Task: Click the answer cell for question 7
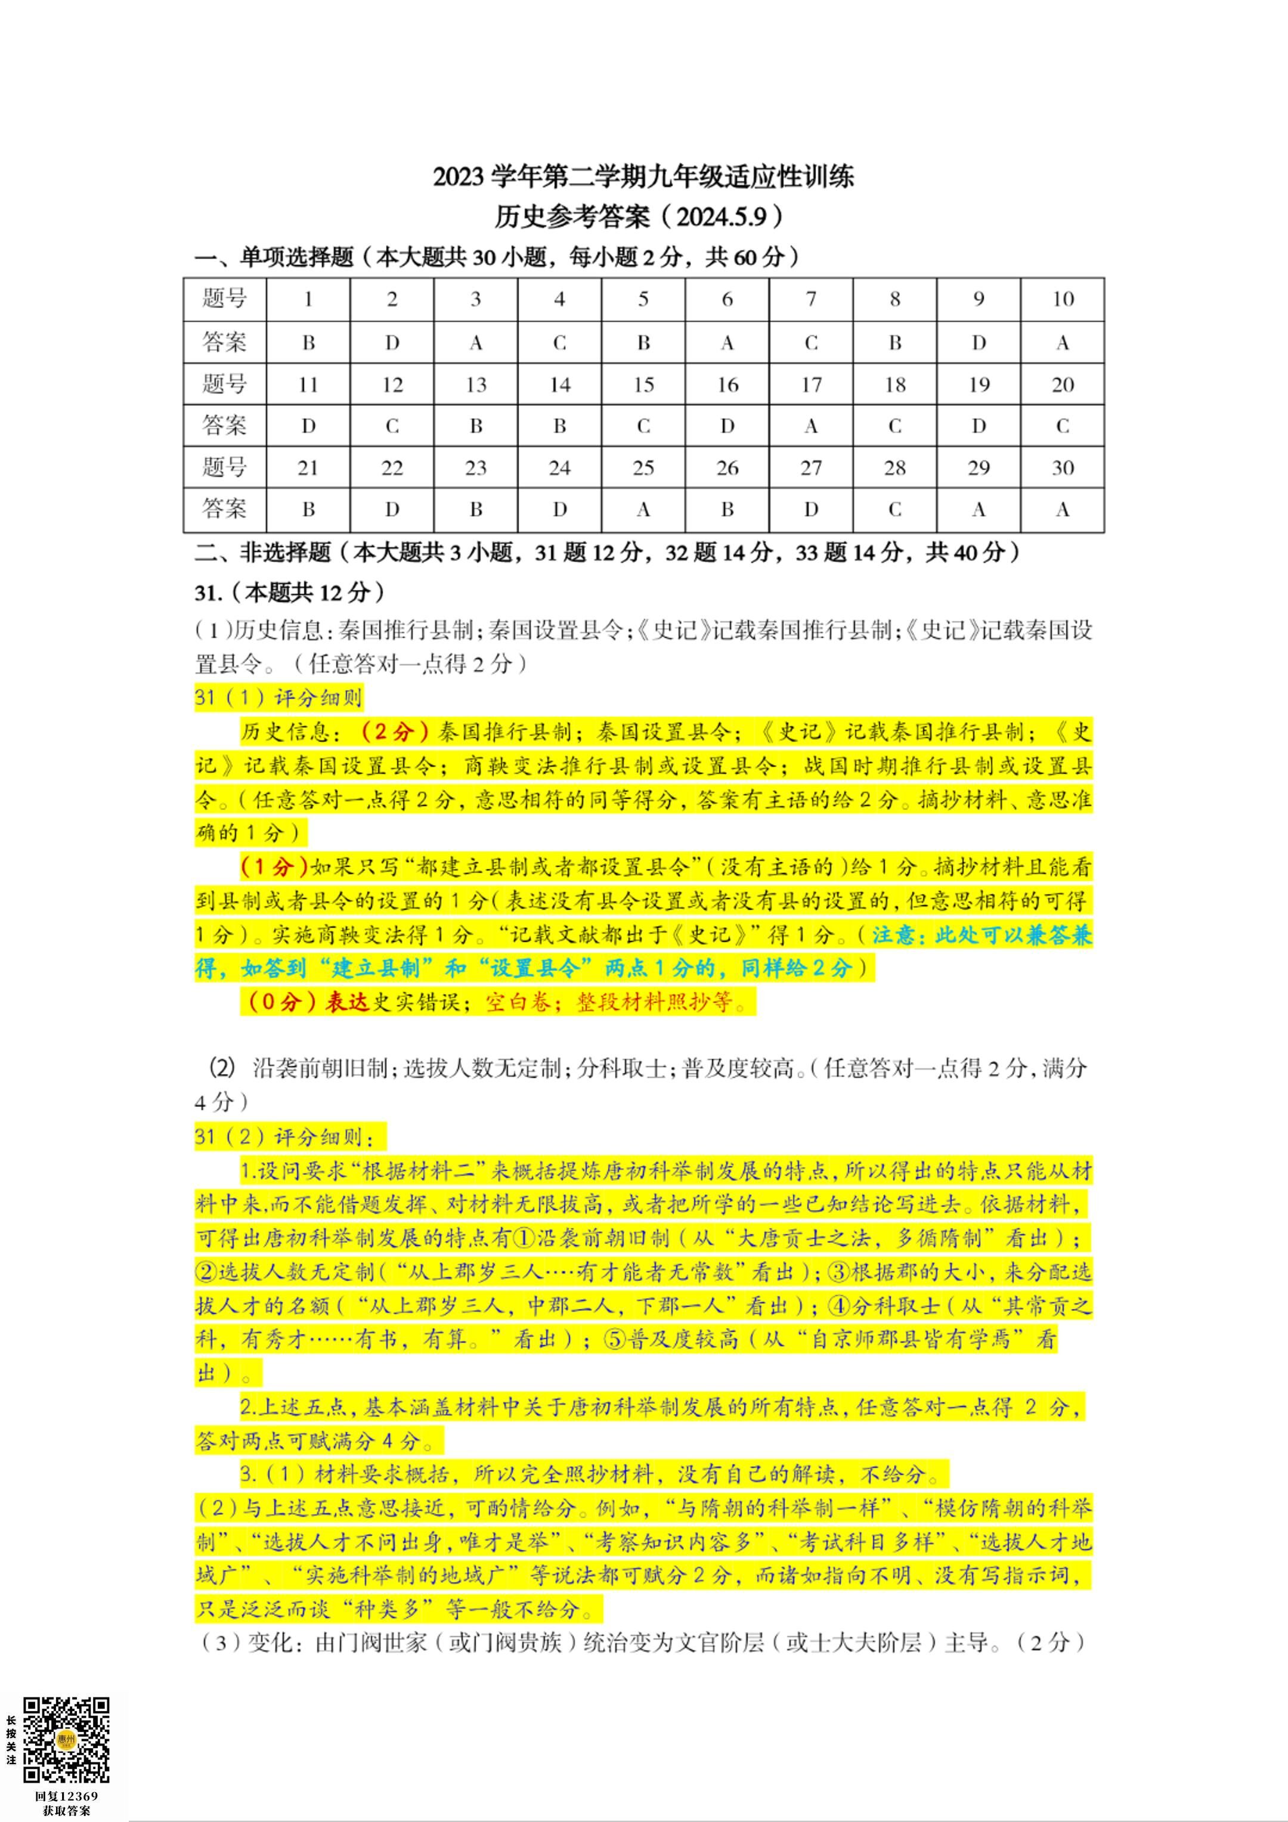point(810,343)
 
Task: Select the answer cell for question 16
point(727,426)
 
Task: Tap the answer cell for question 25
point(643,510)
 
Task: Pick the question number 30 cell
point(1062,467)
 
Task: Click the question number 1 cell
point(308,299)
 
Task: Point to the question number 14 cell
point(559,385)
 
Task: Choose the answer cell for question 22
point(392,510)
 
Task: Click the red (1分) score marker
point(274,866)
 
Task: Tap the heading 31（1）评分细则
point(278,698)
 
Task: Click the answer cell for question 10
point(1062,343)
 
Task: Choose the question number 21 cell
point(308,467)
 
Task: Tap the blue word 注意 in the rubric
point(897,935)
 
